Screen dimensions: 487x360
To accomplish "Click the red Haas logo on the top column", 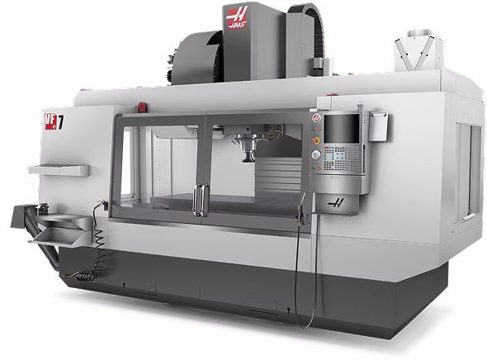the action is (x=237, y=17).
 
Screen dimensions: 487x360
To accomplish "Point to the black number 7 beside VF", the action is (x=61, y=123).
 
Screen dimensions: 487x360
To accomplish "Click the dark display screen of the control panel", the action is (x=342, y=128).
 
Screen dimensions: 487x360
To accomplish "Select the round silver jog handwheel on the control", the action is (x=316, y=155).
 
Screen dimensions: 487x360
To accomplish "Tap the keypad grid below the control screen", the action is (x=341, y=159).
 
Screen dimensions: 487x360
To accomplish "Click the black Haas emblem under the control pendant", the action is (x=336, y=203).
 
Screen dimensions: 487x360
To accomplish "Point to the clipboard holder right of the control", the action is (x=378, y=126).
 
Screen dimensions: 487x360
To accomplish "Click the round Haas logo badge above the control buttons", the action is (x=316, y=118).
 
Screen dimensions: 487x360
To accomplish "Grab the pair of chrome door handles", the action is (x=201, y=200).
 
